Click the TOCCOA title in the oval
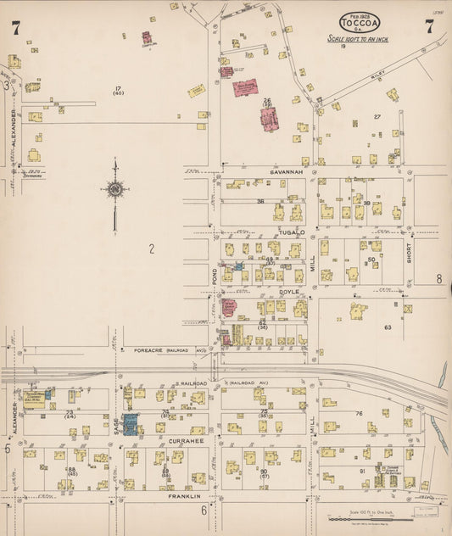[x=360, y=23]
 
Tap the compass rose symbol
[x=114, y=190]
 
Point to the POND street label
[x=215, y=276]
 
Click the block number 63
[x=388, y=327]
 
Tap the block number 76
[x=360, y=413]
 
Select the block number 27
[x=377, y=117]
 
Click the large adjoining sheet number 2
[x=151, y=248]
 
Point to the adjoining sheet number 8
[x=439, y=278]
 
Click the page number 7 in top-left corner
[x=16, y=28]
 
